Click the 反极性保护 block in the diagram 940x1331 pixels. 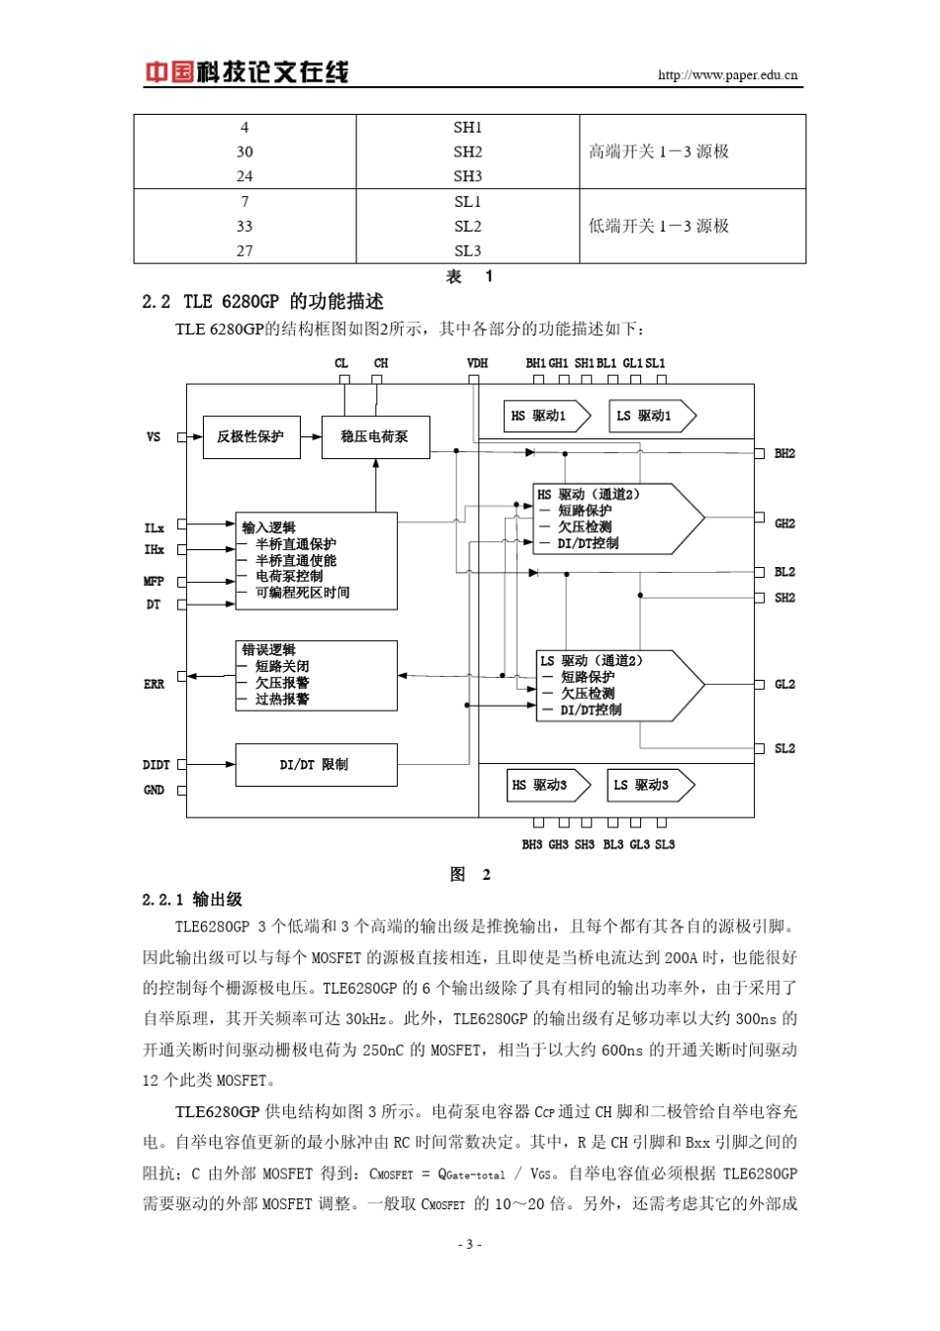(250, 436)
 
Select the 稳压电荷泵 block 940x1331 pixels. (375, 436)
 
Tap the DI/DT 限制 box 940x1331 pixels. (316, 765)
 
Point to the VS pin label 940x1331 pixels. (153, 436)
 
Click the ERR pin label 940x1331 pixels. (154, 684)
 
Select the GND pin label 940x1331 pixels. (154, 790)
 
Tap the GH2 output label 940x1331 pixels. (785, 523)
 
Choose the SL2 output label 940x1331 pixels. (785, 749)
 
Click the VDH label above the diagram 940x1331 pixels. (477, 363)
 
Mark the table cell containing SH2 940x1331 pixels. (468, 151)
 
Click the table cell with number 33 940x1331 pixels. (244, 226)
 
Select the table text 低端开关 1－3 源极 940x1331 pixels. (659, 226)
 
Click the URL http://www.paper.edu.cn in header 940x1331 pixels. (727, 75)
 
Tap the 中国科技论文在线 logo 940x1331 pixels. (247, 72)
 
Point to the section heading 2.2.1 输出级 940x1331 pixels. (192, 899)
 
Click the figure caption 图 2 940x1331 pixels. (470, 874)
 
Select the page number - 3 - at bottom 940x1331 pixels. (470, 1244)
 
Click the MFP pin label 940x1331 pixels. (154, 581)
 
